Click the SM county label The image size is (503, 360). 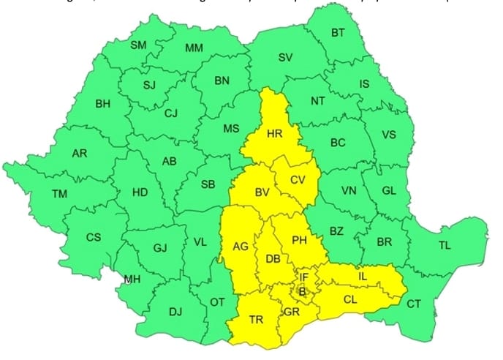pyautogui.click(x=138, y=45)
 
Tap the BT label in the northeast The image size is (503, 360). pyautogui.click(x=338, y=32)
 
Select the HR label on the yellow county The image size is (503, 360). pyautogui.click(x=275, y=134)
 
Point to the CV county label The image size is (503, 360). pyautogui.click(x=298, y=180)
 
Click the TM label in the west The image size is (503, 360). pyautogui.click(x=59, y=194)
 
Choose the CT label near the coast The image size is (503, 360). pyautogui.click(x=414, y=304)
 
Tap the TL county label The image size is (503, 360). pyautogui.click(x=445, y=246)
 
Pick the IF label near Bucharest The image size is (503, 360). pyautogui.click(x=304, y=277)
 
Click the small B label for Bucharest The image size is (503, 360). pyautogui.click(x=303, y=291)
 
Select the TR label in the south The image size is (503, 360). pyautogui.click(x=256, y=320)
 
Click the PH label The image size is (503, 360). pyautogui.click(x=300, y=240)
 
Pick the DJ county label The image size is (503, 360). pyautogui.click(x=175, y=311)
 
